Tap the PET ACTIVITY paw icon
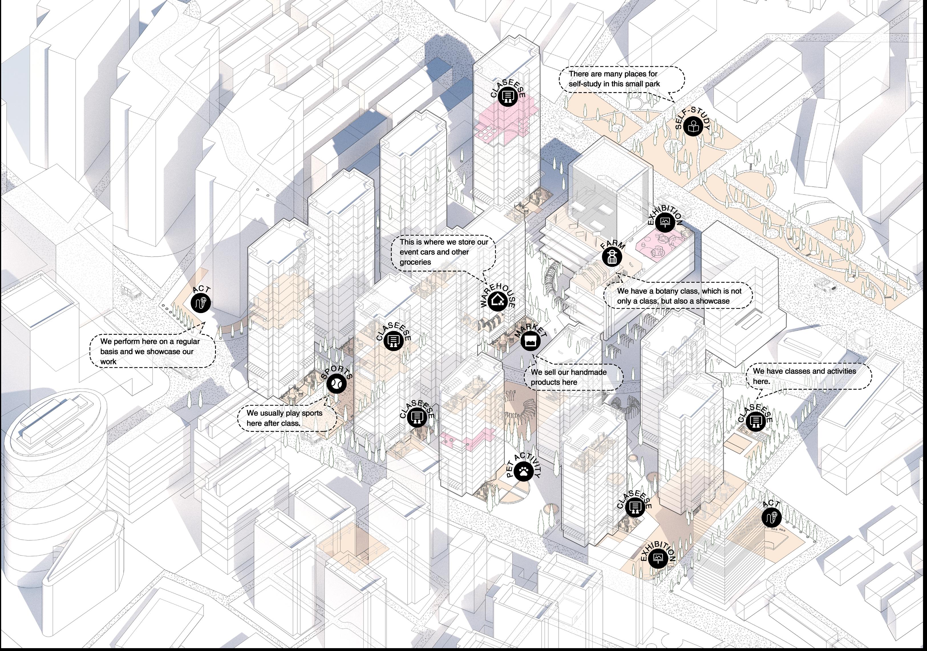(x=524, y=471)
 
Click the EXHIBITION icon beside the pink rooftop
(x=665, y=222)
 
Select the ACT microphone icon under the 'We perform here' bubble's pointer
(x=201, y=303)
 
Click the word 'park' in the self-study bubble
(x=652, y=84)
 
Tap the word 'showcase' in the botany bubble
(x=715, y=301)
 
